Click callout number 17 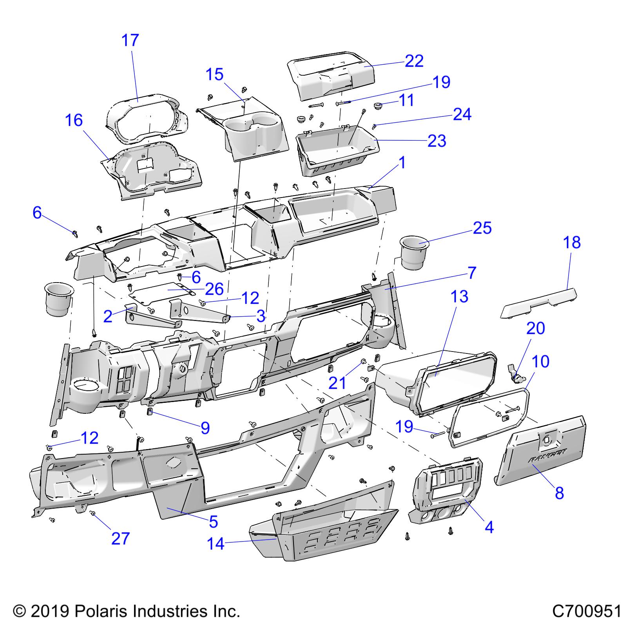[x=130, y=40]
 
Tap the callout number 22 [x=414, y=61]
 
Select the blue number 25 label [x=482, y=228]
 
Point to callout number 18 [x=572, y=243]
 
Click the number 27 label [x=120, y=538]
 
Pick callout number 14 [x=216, y=544]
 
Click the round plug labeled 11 [x=379, y=106]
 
